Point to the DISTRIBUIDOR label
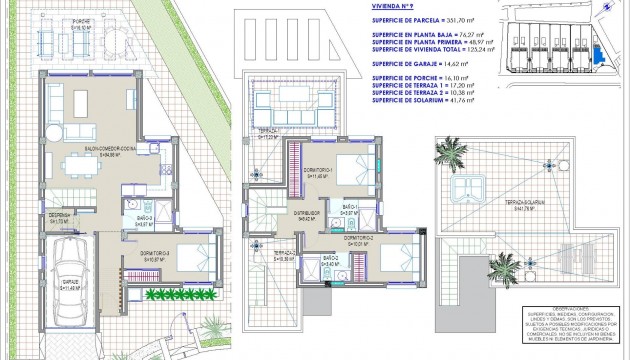(x=307, y=212)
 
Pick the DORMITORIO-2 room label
(x=359, y=239)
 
